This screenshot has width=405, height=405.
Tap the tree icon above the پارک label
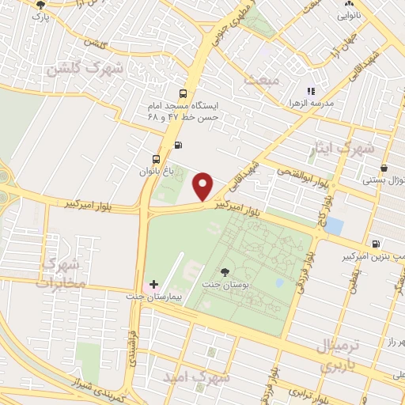click(x=40, y=4)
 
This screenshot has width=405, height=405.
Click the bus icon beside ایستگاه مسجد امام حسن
click(x=184, y=91)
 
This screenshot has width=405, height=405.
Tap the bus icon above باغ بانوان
click(x=155, y=158)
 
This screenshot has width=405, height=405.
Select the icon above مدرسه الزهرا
click(x=311, y=91)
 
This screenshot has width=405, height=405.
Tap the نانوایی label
click(x=350, y=15)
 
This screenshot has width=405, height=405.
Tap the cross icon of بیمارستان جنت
click(x=153, y=284)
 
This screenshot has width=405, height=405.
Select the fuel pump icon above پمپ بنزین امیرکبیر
click(x=377, y=244)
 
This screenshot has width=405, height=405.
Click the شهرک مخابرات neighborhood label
click(x=59, y=271)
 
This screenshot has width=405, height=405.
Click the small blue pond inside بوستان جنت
click(x=278, y=282)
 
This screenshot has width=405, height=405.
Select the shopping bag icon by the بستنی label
click(x=384, y=168)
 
